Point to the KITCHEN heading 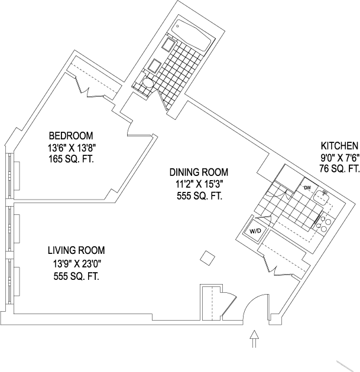click(339, 146)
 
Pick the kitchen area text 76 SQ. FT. click(339, 169)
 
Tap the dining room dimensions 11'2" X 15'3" click(199, 184)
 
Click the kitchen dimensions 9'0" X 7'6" click(339, 158)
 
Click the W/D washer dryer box click(255, 231)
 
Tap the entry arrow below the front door click(254, 340)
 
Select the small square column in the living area click(207, 257)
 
